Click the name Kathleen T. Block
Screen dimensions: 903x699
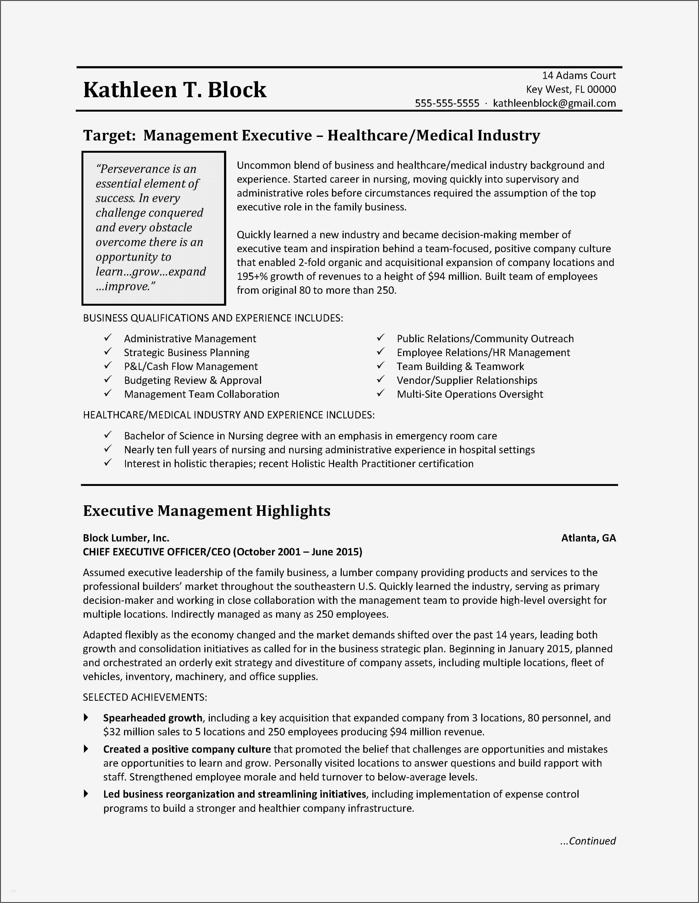[x=175, y=90]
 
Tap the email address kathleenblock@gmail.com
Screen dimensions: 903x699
[x=554, y=103]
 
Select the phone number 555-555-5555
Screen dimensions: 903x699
[x=447, y=103]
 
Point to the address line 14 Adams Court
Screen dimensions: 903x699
[x=579, y=76]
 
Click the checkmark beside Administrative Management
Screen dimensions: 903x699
[x=108, y=338]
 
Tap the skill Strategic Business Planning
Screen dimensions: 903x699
[x=187, y=353]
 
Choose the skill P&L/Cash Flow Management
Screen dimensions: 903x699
[x=191, y=367]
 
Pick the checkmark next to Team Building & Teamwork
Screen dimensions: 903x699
[x=381, y=366]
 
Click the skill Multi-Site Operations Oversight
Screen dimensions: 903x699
[x=470, y=394]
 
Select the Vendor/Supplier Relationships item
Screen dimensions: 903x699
[x=467, y=380]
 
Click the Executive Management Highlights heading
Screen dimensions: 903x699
[x=207, y=511]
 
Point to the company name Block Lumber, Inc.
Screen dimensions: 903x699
[x=126, y=538]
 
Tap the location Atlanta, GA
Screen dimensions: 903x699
[x=588, y=538]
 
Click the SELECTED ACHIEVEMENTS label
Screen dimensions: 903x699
[x=145, y=697]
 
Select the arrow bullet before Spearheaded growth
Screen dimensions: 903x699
[x=86, y=718]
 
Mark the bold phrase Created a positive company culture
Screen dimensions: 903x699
[x=187, y=749]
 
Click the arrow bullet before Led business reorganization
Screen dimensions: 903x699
[x=86, y=794]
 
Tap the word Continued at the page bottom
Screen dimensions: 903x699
[x=592, y=841]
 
